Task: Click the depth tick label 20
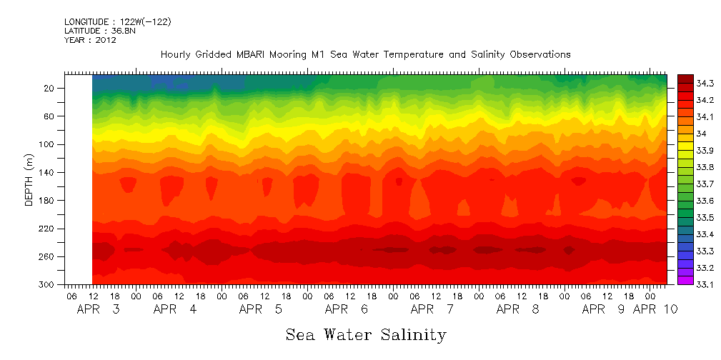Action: click(51, 88)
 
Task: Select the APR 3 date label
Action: click(98, 309)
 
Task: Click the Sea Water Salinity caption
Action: click(366, 334)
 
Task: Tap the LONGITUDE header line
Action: click(117, 22)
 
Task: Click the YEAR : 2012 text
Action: click(90, 40)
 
